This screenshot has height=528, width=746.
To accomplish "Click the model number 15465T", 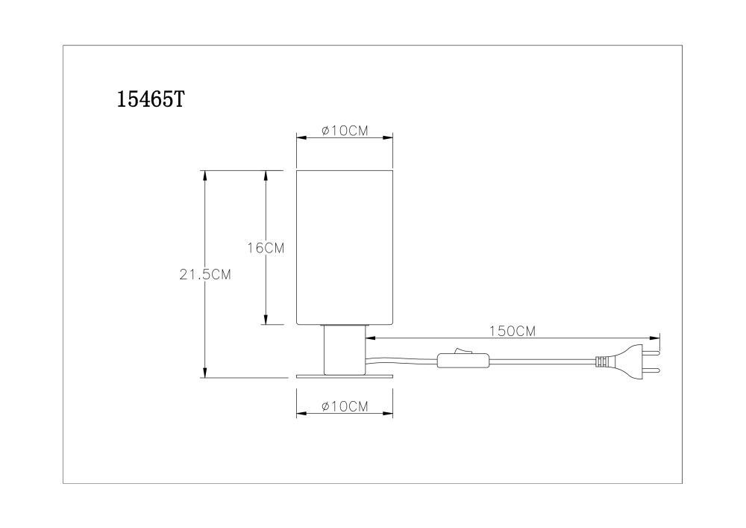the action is tap(151, 99).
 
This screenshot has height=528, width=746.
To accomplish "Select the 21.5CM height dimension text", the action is tap(205, 275).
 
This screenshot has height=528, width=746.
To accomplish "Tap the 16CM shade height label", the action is tap(266, 248).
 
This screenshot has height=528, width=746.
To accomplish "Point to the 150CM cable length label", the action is tap(513, 332).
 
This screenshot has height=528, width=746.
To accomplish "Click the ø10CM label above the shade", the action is tap(345, 131).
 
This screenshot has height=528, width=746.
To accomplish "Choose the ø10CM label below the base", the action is tap(345, 406).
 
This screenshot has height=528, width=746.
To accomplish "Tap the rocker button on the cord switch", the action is tap(459, 351).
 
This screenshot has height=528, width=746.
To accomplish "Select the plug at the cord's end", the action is tap(628, 361).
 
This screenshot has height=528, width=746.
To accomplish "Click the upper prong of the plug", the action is tap(651, 353).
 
